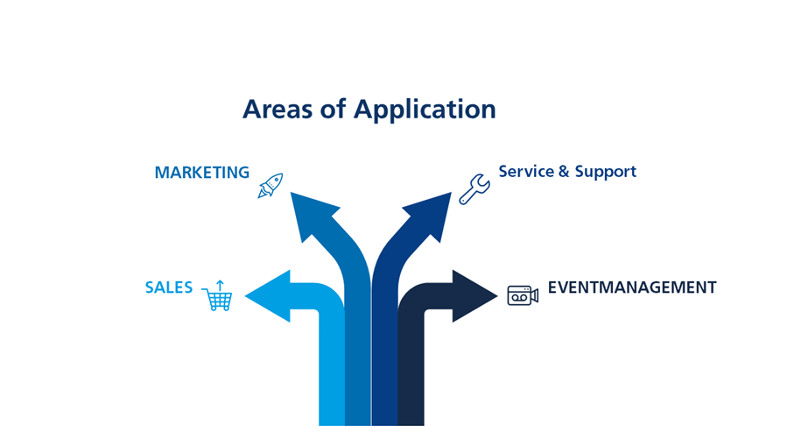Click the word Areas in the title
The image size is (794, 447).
(278, 109)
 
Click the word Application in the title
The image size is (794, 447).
(425, 110)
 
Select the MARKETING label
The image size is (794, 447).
(202, 173)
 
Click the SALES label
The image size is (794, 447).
(169, 287)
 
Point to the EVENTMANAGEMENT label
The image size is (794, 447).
(632, 287)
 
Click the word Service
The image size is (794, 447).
(526, 171)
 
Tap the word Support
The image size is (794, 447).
(606, 173)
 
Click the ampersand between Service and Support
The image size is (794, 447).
(564, 172)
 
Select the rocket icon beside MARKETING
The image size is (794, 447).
(271, 186)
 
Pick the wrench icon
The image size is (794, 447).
(474, 189)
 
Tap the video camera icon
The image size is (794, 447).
(523, 295)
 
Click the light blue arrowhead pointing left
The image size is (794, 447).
(269, 296)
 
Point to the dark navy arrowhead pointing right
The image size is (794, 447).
(474, 296)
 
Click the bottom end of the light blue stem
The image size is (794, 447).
(332, 425)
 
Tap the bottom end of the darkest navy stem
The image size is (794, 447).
(411, 425)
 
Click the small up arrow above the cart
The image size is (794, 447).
(220, 285)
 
